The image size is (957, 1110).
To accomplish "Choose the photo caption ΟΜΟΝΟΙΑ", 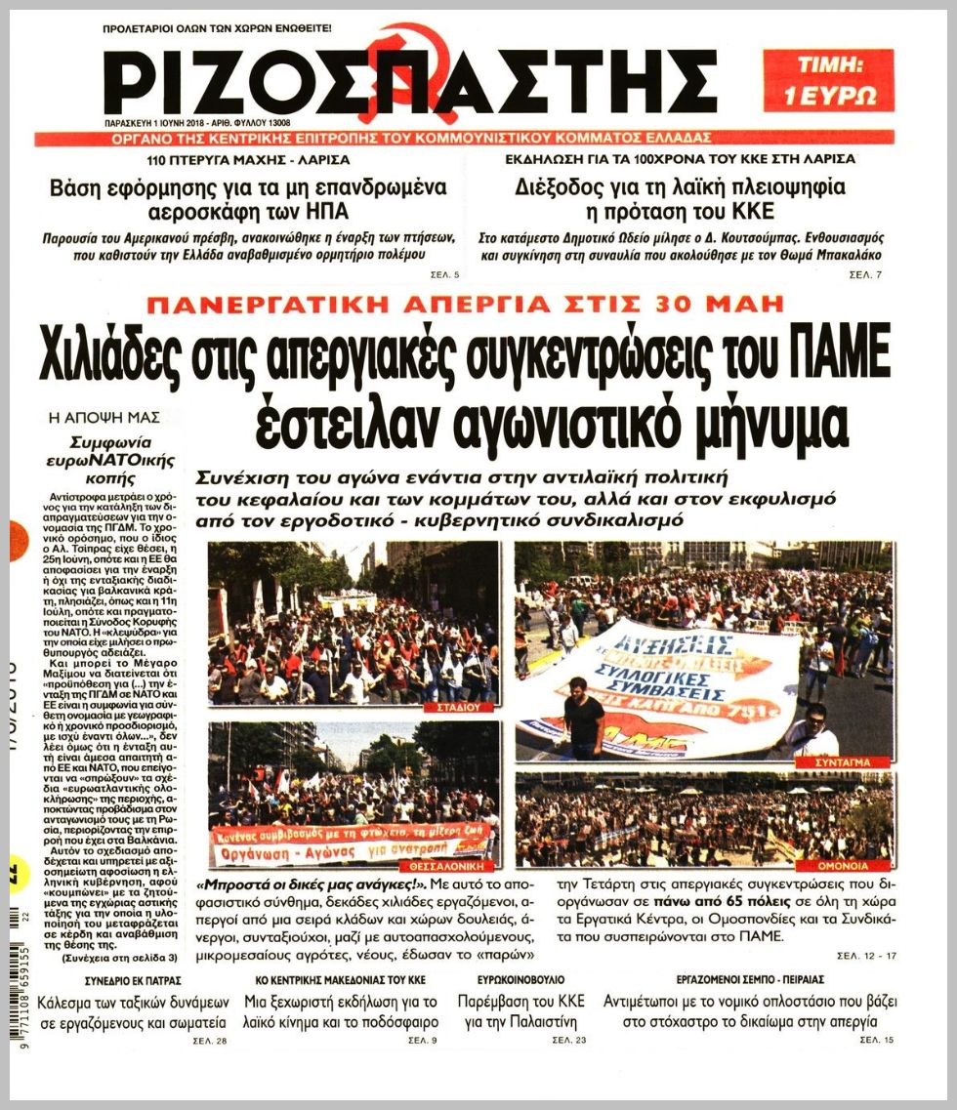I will coord(857,865).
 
